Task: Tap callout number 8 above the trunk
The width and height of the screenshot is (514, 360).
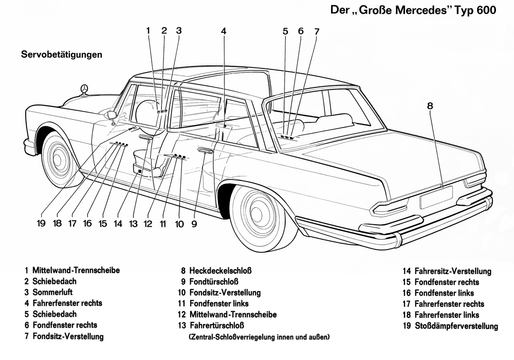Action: pyautogui.click(x=430, y=106)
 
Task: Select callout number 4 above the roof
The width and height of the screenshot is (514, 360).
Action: pyautogui.click(x=224, y=31)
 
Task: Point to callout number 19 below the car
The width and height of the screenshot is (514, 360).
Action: pyautogui.click(x=41, y=223)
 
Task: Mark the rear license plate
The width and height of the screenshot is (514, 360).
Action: pyautogui.click(x=436, y=197)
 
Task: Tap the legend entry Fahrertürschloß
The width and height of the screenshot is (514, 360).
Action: pyautogui.click(x=215, y=326)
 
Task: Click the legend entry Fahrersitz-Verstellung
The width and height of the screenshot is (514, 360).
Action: pyautogui.click(x=452, y=271)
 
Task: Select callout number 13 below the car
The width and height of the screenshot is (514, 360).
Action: pyautogui.click(x=134, y=223)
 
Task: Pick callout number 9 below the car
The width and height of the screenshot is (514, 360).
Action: pyautogui.click(x=194, y=223)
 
